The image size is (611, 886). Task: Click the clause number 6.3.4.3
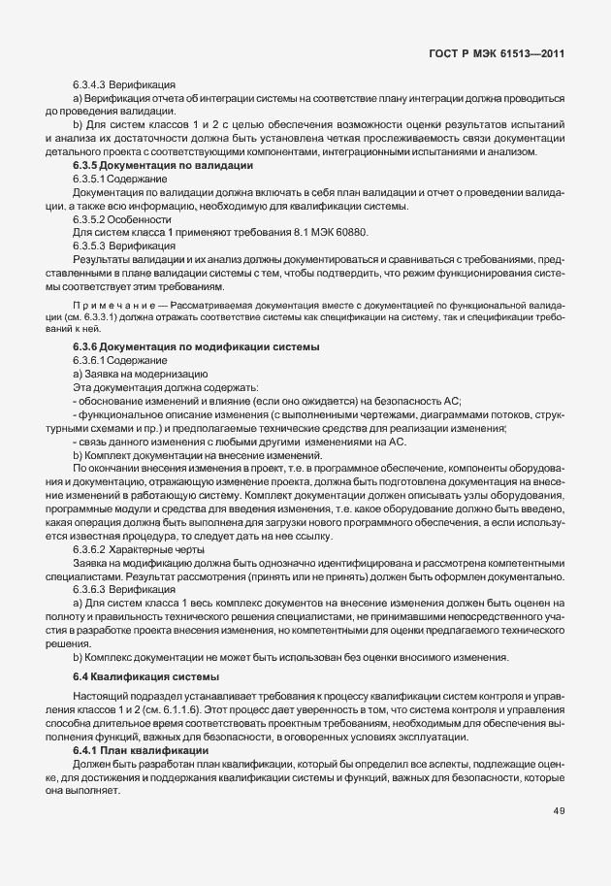click(x=92, y=85)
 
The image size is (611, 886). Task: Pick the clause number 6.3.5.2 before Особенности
click(x=92, y=218)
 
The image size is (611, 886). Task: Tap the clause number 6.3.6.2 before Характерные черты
click(x=92, y=548)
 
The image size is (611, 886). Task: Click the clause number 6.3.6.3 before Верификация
click(x=92, y=587)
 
